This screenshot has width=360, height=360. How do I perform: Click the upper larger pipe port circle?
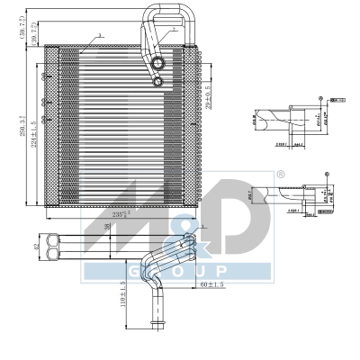coord(159,64)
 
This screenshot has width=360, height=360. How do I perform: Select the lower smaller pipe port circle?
coord(159,82)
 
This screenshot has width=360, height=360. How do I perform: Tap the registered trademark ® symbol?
coord(281,174)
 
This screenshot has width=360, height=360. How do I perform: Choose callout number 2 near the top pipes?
coord(175,29)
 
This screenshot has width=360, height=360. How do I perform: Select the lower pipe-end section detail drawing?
coord(288,193)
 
